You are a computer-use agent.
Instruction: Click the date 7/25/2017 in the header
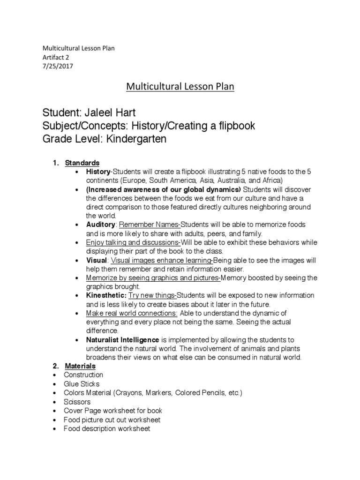tap(58, 66)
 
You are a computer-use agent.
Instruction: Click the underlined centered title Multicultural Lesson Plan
tap(180, 87)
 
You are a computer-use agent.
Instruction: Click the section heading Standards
tap(82, 163)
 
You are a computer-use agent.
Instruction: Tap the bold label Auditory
tap(100, 225)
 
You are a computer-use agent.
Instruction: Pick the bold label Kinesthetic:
tap(106, 295)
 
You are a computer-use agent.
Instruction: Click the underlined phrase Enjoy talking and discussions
tap(133, 242)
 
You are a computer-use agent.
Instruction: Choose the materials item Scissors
tap(77, 402)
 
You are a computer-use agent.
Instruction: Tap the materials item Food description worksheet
tap(107, 428)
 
